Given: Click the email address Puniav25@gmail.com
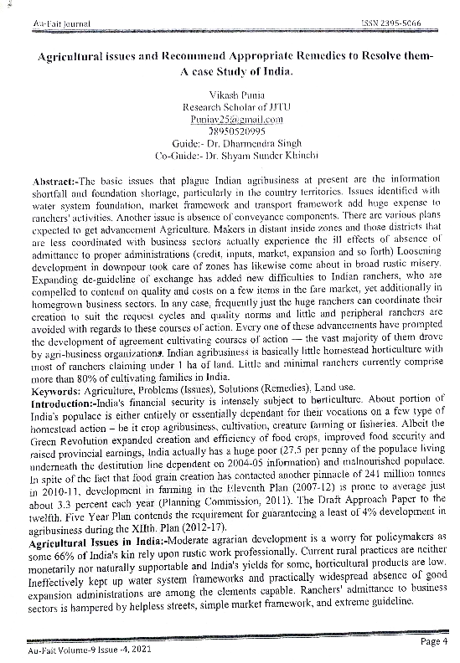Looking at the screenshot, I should coord(225,120).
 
